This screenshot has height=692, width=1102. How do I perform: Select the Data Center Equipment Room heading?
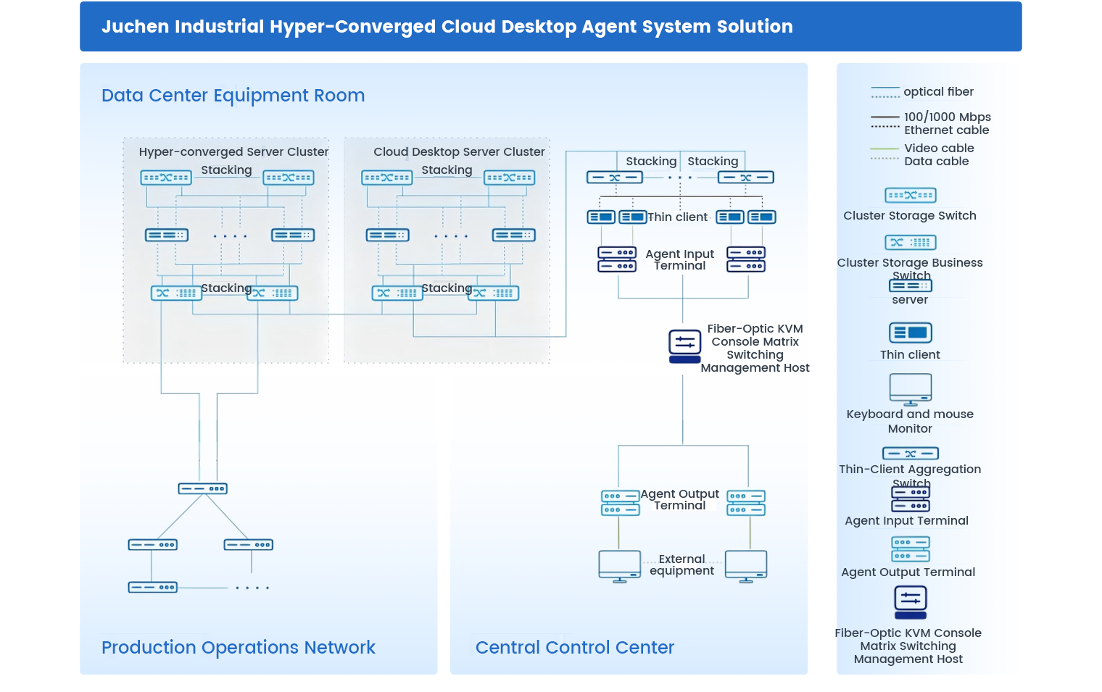click(x=233, y=96)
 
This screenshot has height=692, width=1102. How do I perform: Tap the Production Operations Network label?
click(x=238, y=647)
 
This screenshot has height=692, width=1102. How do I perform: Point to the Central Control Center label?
click(x=574, y=647)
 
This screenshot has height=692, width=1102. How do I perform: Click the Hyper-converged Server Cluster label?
click(x=233, y=152)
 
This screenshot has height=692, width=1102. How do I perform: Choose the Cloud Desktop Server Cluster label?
click(x=459, y=152)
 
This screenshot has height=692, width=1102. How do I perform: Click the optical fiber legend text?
click(x=938, y=92)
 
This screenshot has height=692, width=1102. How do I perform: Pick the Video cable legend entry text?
click(x=939, y=149)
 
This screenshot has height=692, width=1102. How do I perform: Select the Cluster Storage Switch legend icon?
click(x=911, y=196)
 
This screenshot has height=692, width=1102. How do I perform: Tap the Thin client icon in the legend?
click(x=911, y=333)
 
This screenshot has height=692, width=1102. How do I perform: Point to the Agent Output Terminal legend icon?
click(x=911, y=549)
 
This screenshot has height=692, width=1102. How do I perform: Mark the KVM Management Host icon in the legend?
click(x=911, y=602)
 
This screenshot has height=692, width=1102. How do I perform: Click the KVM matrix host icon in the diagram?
click(x=684, y=344)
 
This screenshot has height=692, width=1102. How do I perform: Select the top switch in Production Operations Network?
click(x=203, y=489)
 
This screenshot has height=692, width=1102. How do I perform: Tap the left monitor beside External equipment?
click(x=619, y=566)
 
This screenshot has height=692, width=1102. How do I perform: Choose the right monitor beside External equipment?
click(x=746, y=566)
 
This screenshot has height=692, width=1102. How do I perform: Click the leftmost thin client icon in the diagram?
click(x=601, y=217)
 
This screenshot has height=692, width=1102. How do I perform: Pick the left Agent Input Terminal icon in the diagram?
click(x=617, y=259)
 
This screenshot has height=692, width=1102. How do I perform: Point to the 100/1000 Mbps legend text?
click(x=947, y=117)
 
